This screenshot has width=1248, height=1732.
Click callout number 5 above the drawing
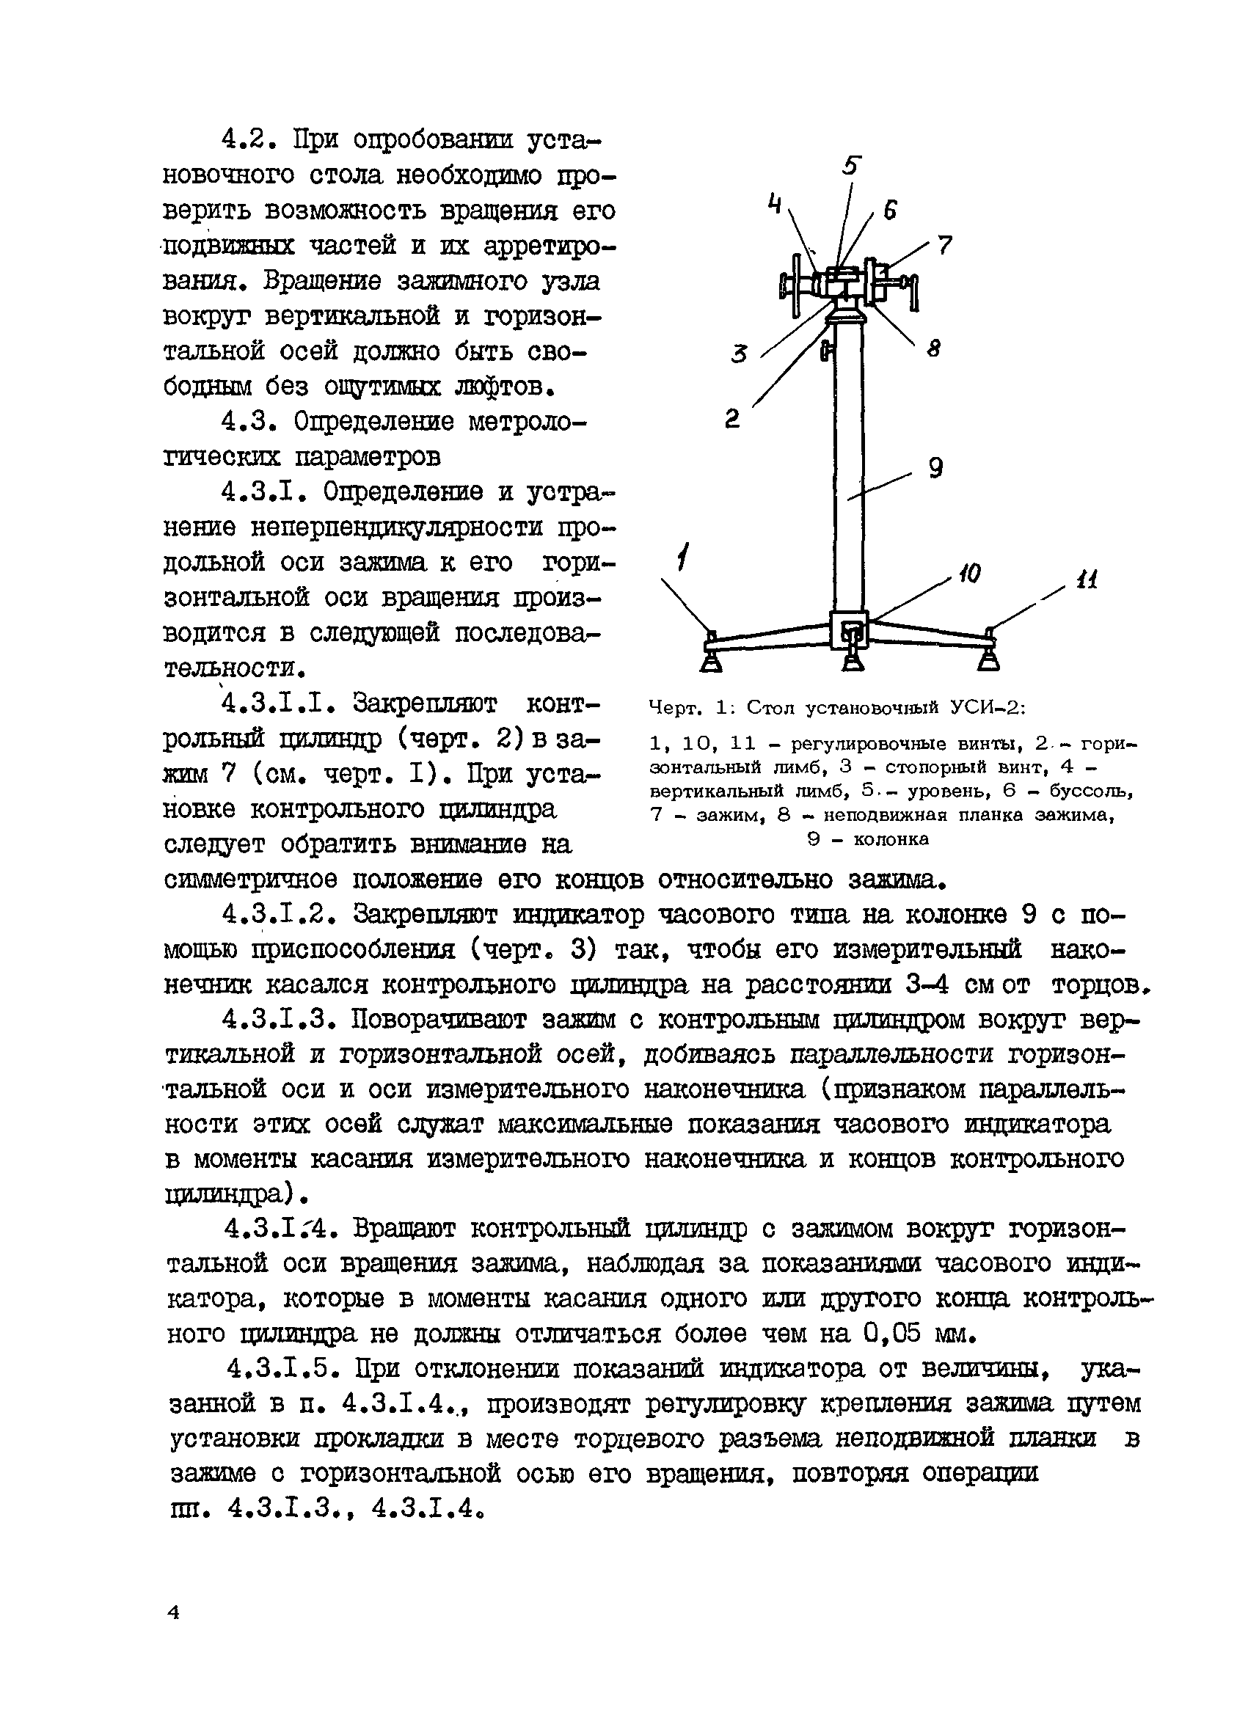pyautogui.click(x=853, y=166)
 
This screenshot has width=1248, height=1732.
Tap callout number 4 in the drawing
pyautogui.click(x=776, y=204)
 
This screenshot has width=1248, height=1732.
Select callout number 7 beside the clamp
pyautogui.click(x=945, y=245)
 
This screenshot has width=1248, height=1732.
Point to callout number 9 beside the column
pyautogui.click(x=935, y=467)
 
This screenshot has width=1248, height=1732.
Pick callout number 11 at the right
pyautogui.click(x=1086, y=580)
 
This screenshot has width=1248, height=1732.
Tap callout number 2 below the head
pyautogui.click(x=731, y=417)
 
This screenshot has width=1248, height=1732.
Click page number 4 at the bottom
pyautogui.click(x=173, y=1612)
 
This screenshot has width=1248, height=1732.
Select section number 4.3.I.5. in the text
pyautogui.click(x=282, y=1368)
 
